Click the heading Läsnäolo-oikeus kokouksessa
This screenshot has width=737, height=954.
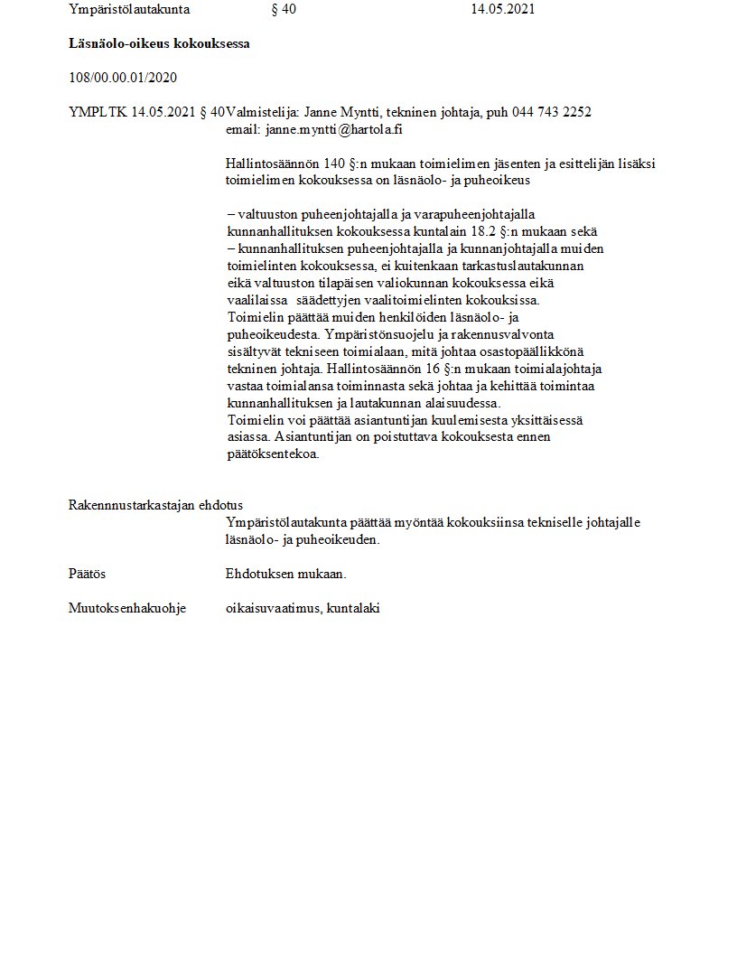159,43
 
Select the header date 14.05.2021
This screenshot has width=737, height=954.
502,10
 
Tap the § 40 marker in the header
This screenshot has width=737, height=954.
283,10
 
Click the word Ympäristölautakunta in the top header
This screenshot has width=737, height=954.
123,10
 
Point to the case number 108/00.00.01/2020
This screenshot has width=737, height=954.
123,78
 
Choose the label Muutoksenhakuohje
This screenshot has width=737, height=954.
127,608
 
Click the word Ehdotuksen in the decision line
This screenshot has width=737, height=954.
257,574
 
